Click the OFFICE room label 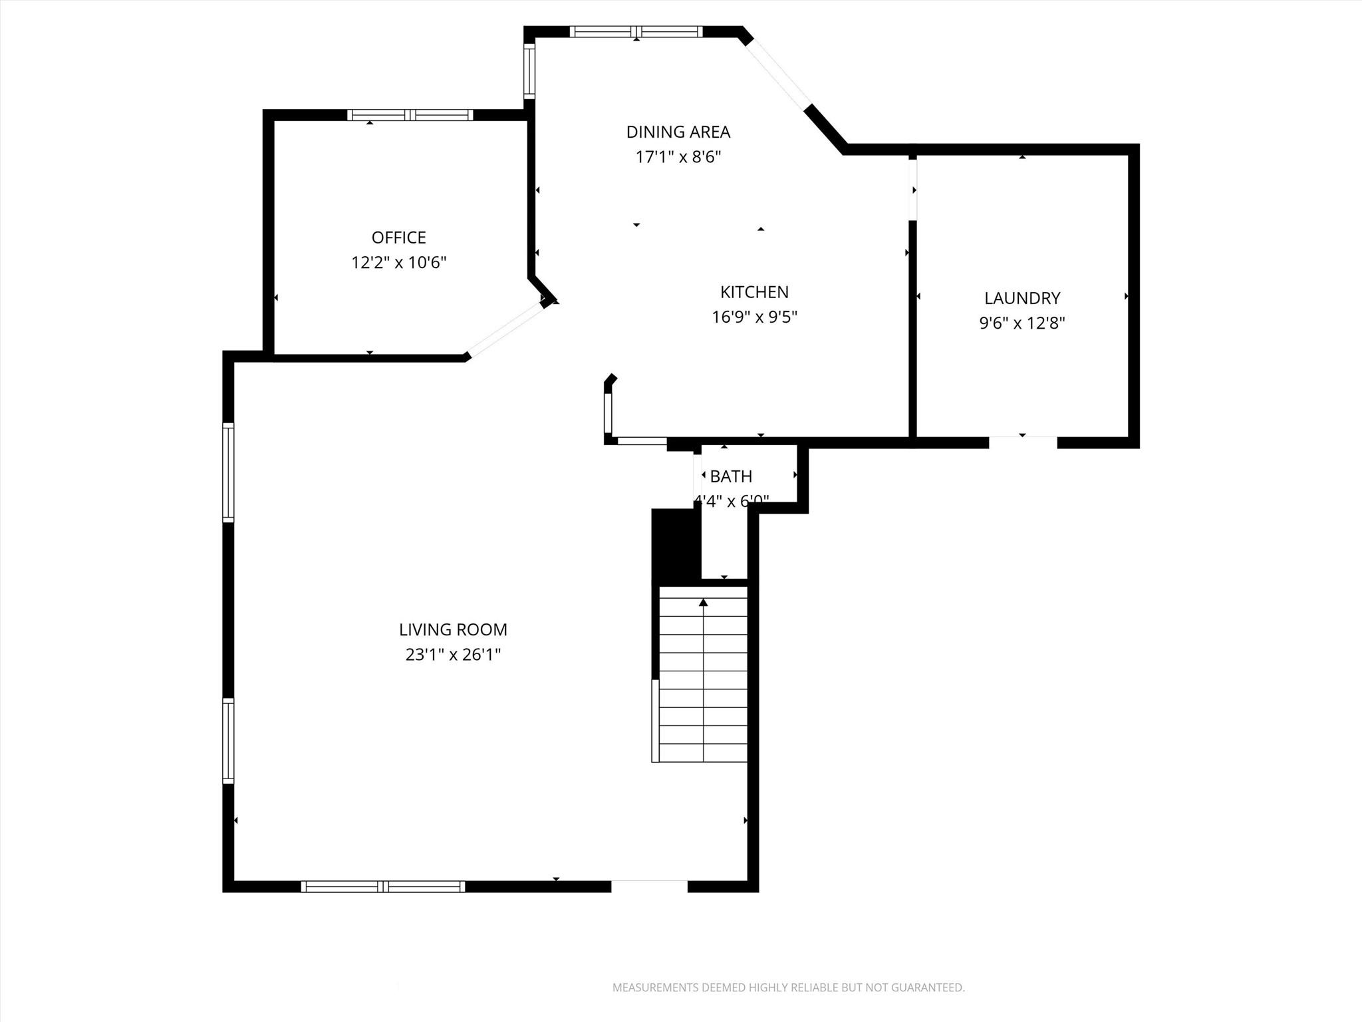tap(398, 238)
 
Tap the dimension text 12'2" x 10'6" tap(398, 263)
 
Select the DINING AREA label tap(678, 132)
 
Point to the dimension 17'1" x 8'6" tap(678, 158)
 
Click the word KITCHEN tap(754, 292)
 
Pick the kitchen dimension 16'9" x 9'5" tap(754, 317)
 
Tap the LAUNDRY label tap(1022, 298)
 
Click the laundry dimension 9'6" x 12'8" tap(1022, 323)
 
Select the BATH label tap(731, 476)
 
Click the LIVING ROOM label tap(453, 629)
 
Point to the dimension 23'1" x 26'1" tap(453, 655)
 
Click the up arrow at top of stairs tap(703, 603)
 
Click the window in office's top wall tap(410, 115)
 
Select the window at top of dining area tap(636, 31)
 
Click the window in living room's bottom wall tap(382, 886)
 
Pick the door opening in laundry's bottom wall tap(1022, 442)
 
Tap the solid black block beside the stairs tap(676, 546)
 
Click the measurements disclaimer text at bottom tap(788, 987)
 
